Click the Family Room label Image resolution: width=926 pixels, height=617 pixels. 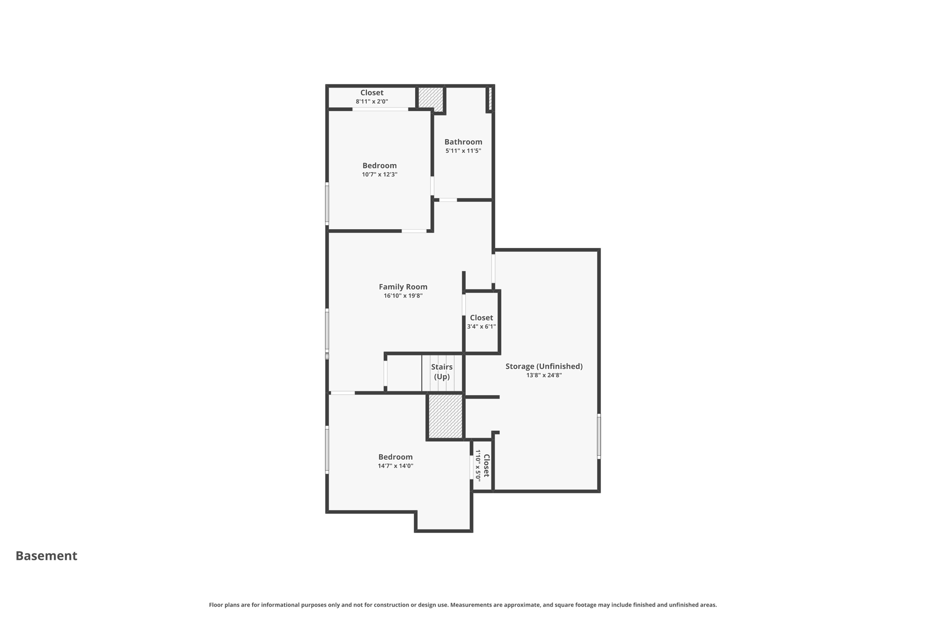point(403,287)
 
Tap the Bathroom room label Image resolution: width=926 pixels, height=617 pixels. point(463,142)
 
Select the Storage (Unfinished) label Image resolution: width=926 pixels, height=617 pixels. point(544,366)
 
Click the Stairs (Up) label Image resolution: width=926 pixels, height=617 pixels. point(442,372)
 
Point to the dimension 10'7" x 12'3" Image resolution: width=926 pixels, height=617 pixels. point(379,174)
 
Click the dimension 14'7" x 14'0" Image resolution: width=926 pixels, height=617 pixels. point(396,466)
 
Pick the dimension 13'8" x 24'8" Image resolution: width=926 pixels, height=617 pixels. point(544,375)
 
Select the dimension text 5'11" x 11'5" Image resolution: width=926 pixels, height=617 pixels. point(463,151)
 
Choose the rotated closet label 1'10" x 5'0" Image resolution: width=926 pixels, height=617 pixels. point(482,466)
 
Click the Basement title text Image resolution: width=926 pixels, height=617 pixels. point(47,556)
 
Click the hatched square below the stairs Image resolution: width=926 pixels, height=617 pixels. point(445,416)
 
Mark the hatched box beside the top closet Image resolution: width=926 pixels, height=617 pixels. point(430,97)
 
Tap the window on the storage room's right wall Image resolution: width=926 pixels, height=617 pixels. point(599,436)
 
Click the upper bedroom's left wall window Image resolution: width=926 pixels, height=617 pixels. point(327,203)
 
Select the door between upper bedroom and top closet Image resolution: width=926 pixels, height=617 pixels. point(380,109)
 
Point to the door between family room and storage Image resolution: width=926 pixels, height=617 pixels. point(493,268)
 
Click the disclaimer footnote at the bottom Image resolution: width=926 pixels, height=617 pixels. point(463,605)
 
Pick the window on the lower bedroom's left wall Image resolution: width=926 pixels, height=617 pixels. point(327,450)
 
